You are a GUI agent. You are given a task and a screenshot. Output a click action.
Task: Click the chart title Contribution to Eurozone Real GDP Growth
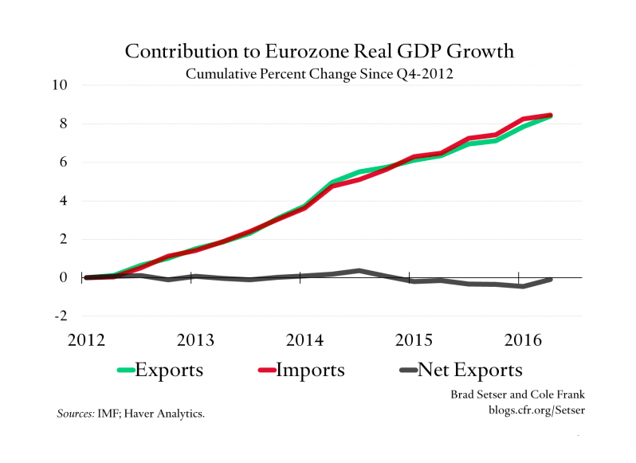(319, 52)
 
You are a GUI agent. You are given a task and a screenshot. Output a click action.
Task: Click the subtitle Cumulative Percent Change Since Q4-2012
(319, 75)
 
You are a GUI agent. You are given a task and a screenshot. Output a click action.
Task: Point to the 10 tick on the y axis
(61, 85)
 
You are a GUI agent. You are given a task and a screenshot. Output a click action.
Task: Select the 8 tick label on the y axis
(65, 124)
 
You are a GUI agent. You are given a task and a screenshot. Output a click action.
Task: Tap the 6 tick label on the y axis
(65, 163)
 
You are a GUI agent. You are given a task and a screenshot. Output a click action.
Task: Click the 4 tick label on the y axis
(65, 201)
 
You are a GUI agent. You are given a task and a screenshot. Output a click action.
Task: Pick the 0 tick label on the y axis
(65, 278)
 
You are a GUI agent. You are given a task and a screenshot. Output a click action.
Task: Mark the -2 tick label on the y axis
(61, 316)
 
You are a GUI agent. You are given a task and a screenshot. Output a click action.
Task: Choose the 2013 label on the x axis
(193, 338)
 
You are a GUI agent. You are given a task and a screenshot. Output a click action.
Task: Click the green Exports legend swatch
(125, 371)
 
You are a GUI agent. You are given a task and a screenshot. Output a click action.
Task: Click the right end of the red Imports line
(550, 116)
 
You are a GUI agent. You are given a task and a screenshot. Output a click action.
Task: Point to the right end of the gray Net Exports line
(550, 279)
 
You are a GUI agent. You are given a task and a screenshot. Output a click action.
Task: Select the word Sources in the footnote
(75, 414)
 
